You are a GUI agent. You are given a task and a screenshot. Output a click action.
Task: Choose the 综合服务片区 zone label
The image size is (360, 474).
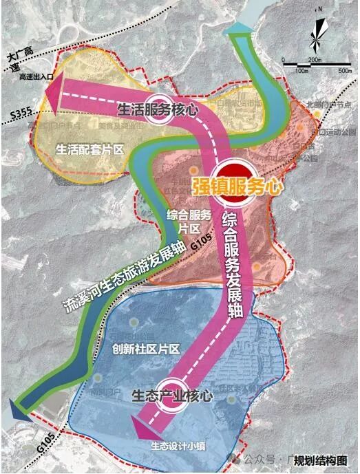pyautogui.click(x=184, y=219)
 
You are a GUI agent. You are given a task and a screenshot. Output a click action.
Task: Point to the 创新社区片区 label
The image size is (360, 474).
pyautogui.click(x=145, y=349)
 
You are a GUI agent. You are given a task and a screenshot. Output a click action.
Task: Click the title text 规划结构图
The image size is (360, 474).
pyautogui.click(x=323, y=461)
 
